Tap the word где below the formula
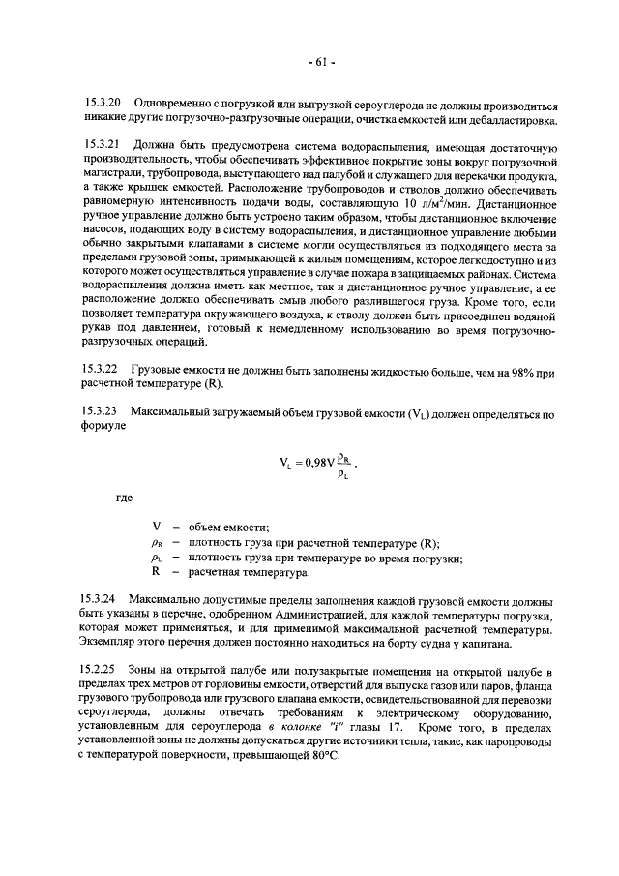click(124, 498)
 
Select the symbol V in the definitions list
click(156, 527)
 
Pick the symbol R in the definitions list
click(156, 573)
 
